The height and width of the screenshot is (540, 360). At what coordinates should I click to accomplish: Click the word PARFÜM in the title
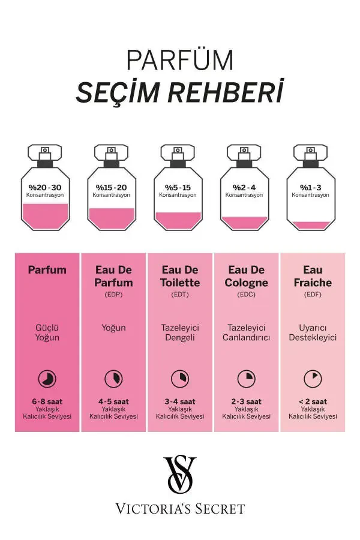coord(180,61)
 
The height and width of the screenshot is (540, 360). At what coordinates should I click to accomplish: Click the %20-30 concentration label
coord(45,187)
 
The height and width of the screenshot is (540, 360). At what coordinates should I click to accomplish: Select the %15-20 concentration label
coord(112,187)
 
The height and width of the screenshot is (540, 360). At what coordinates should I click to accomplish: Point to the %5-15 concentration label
coord(178,187)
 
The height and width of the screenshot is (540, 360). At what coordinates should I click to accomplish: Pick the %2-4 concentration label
coord(244,187)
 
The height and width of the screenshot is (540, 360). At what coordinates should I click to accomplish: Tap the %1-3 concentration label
coord(311,187)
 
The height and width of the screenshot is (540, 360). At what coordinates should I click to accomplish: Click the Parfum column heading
coord(47,270)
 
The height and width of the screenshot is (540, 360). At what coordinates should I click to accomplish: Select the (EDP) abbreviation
coord(113,295)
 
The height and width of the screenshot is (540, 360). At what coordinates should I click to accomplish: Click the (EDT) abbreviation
coord(180,295)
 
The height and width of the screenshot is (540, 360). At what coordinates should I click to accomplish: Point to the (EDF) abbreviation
coord(313,295)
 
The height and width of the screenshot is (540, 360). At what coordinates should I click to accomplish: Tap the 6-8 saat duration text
coord(47,401)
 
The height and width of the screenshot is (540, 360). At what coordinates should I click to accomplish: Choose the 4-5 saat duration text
coord(113,401)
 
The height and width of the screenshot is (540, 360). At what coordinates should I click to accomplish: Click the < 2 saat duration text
coord(313,401)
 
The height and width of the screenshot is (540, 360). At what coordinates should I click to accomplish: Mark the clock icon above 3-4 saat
coord(180,378)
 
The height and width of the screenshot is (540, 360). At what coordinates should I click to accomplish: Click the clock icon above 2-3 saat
coord(246,378)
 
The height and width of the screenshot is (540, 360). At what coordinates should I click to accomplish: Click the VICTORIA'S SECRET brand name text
coord(180,509)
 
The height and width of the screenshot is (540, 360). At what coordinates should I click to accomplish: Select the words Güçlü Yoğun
coord(47,332)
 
